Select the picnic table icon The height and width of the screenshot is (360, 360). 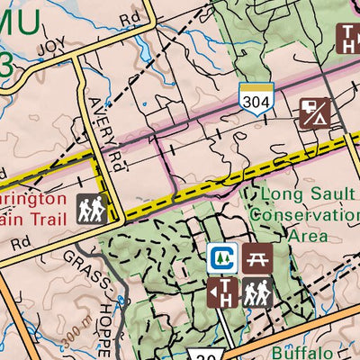click(256, 258)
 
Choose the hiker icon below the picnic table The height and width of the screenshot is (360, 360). click(256, 292)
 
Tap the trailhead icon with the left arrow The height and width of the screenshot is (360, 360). click(222, 292)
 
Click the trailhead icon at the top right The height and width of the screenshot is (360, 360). click(348, 38)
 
